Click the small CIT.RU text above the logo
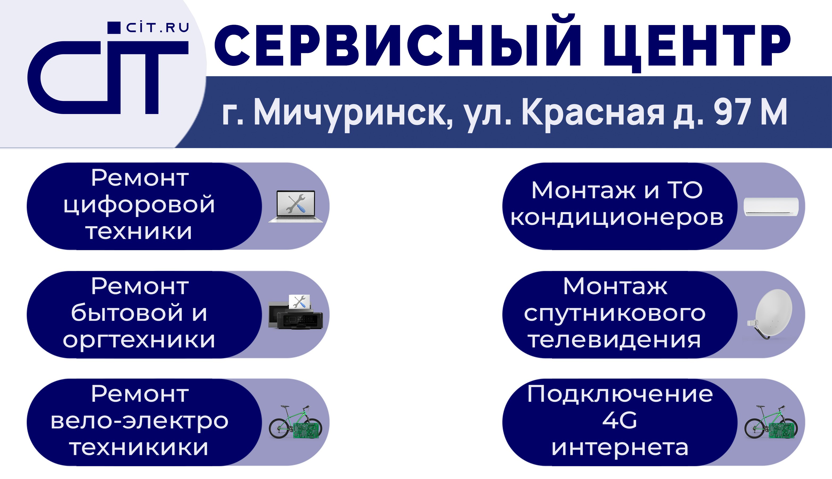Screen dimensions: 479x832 tap(157, 28)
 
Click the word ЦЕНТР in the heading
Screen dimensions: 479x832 tap(696, 46)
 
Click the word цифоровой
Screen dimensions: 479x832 tap(139, 205)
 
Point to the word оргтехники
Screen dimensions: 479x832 tap(139, 340)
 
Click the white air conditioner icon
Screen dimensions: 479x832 tap(771, 207)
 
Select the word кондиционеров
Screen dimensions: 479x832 tap(617, 218)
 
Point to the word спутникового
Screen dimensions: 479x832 tap(615, 314)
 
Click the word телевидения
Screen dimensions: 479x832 tap(615, 340)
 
